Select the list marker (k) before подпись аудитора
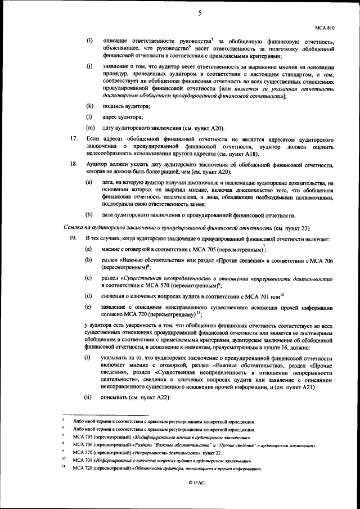(x=89, y=106)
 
